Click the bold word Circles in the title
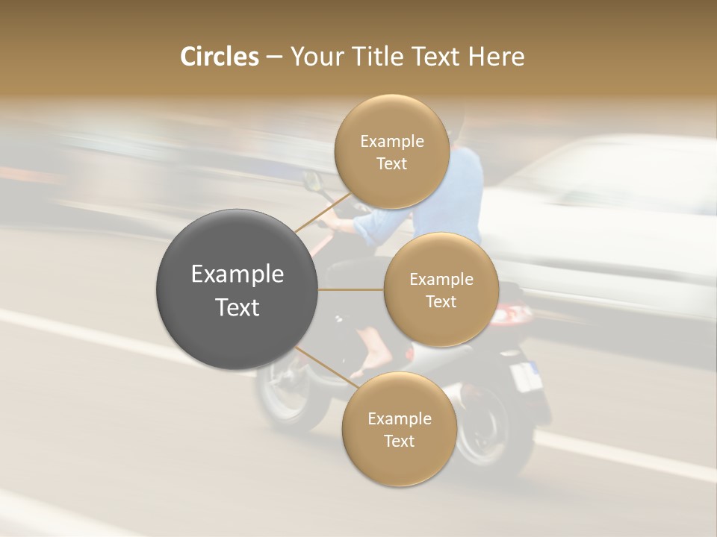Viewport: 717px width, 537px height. (x=219, y=57)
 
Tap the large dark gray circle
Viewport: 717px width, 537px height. (x=238, y=289)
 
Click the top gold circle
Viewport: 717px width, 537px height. (x=391, y=152)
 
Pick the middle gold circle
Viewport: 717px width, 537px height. (x=441, y=290)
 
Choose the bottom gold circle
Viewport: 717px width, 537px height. (x=399, y=430)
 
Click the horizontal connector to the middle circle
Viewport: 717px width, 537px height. (x=351, y=289)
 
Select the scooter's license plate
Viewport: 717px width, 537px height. (x=526, y=376)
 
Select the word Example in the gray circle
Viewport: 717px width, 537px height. (x=238, y=274)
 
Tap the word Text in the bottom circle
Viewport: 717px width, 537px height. (x=399, y=441)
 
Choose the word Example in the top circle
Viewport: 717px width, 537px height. (x=391, y=142)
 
